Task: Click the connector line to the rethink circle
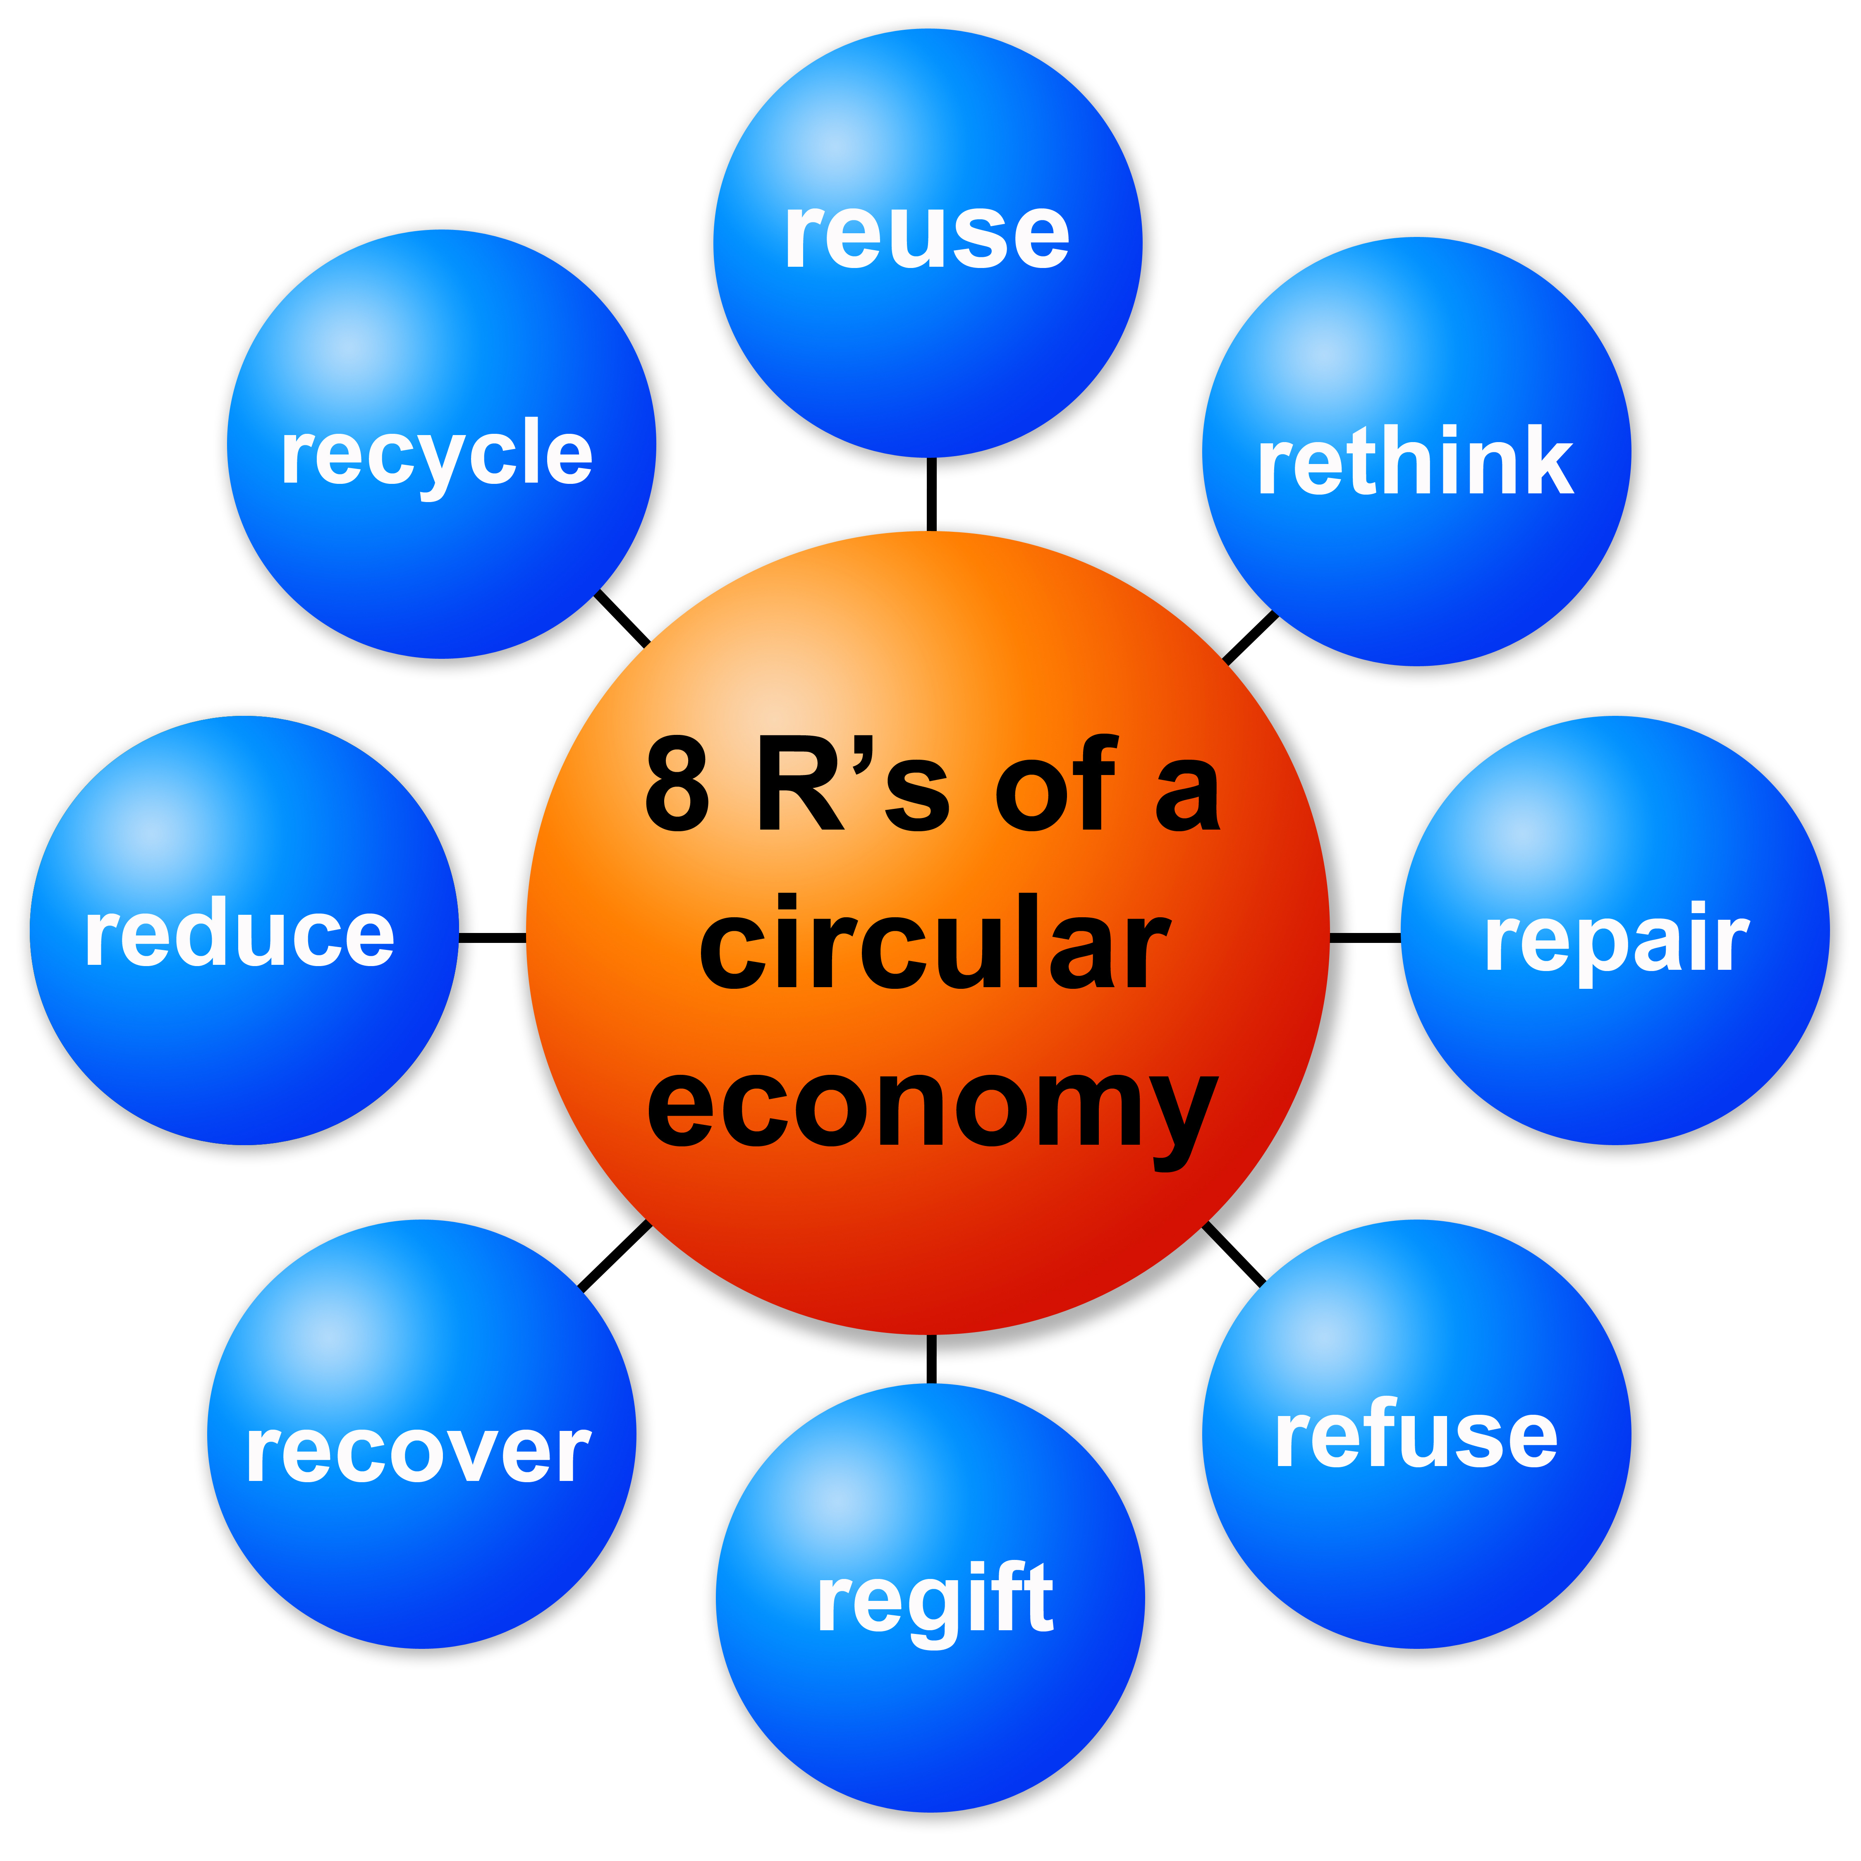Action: coord(1250,638)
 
